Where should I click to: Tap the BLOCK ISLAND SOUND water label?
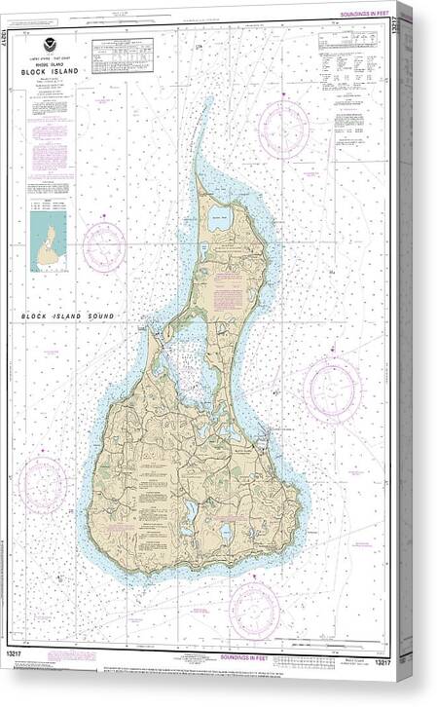click(x=69, y=316)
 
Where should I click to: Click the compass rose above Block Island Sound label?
click(x=103, y=246)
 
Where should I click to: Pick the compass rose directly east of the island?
click(x=332, y=389)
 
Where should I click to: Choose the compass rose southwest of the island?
click(x=43, y=484)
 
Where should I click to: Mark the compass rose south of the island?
click(x=254, y=609)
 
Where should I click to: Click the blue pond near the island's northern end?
click(x=217, y=221)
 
